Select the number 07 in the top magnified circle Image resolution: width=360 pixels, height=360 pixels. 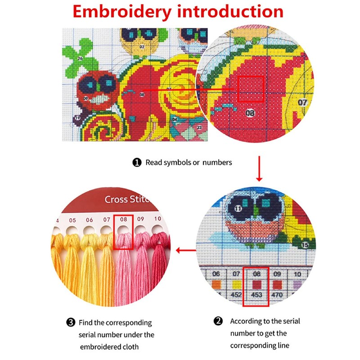tap(302, 103)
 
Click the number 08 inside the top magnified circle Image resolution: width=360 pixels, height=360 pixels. tap(250, 112)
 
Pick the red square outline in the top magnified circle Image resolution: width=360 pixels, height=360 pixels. tap(251, 89)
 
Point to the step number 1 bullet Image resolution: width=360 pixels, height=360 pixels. tap(137, 162)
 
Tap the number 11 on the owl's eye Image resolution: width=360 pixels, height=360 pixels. tap(238, 208)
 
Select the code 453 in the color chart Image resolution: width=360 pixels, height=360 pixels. tap(256, 295)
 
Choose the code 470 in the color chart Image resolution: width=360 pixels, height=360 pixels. tap(277, 295)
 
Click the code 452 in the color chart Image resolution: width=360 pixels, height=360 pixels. tap(236, 295)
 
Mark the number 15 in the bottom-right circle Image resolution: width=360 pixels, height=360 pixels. tap(305, 245)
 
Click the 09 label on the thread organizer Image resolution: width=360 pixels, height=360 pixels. tap(140, 219)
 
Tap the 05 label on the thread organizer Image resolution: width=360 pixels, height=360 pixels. tap(72, 220)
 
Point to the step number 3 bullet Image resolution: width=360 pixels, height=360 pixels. tap(71, 322)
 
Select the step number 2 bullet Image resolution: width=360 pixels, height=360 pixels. tap(218, 321)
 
